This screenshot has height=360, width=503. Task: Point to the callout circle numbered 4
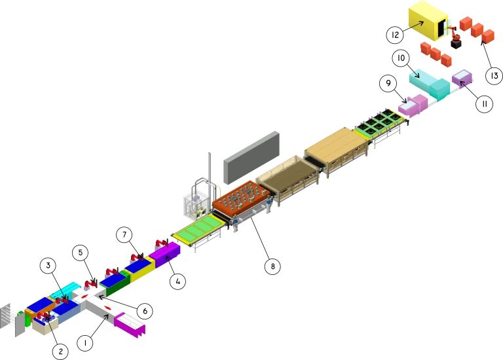pos(177,280)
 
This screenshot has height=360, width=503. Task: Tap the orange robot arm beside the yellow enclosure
pos(455,37)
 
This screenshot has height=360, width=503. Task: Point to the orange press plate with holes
pos(240,194)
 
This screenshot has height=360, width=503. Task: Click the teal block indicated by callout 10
pos(429,84)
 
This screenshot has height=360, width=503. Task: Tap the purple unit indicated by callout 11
pos(462,79)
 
